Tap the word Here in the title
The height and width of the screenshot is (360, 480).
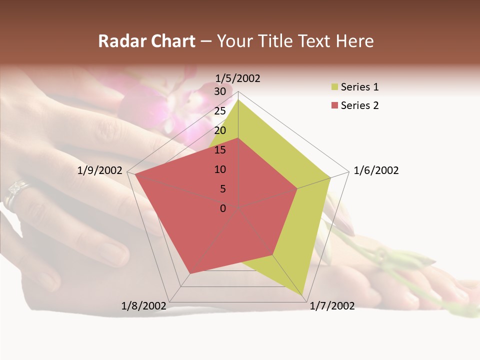point(355,41)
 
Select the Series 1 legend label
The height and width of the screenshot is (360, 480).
point(359,87)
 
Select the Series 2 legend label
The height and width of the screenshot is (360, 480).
point(359,105)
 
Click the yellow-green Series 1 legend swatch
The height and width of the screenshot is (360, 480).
point(334,87)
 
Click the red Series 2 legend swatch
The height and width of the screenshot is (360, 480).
point(334,105)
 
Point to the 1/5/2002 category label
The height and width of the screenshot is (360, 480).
point(237,78)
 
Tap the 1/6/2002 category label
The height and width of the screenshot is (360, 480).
point(376,170)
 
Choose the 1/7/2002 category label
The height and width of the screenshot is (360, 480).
point(332,306)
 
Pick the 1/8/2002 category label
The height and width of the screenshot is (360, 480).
point(144,306)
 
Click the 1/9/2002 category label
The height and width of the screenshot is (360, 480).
point(100,170)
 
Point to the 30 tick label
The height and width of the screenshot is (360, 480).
point(220,91)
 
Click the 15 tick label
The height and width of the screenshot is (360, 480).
point(220,150)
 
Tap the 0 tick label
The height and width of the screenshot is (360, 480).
point(223,208)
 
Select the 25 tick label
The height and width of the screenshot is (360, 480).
point(220,111)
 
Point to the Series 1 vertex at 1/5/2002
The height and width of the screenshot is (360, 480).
point(238,99)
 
